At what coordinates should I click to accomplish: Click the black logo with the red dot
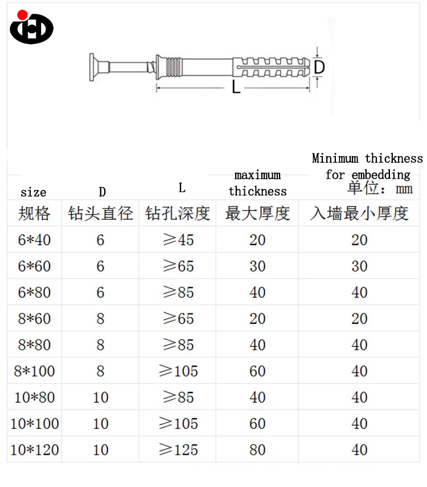tap(31, 27)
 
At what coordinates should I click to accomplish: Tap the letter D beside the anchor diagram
tap(319, 67)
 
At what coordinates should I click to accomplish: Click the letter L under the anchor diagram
tap(236, 87)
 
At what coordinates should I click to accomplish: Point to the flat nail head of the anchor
tap(92, 67)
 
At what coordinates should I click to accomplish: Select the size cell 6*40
tap(34, 240)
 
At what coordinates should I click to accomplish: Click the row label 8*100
tap(34, 371)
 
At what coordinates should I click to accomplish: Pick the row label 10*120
tap(35, 449)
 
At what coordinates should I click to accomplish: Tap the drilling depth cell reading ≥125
tap(178, 449)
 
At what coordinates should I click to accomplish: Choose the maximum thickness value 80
tap(257, 449)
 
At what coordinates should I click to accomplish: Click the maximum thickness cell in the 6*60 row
tap(257, 266)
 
